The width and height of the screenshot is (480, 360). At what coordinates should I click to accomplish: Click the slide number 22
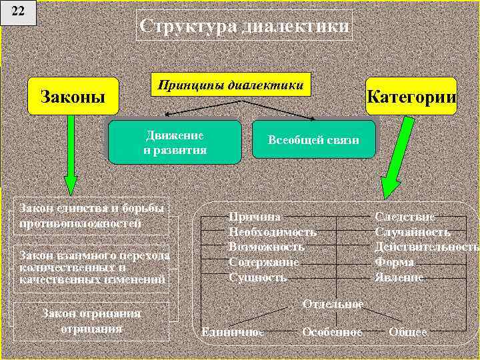(18, 12)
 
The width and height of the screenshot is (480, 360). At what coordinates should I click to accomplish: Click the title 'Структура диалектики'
(245, 27)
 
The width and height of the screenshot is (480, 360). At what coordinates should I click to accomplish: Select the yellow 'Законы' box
(73, 96)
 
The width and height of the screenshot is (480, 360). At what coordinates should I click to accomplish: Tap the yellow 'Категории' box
(411, 96)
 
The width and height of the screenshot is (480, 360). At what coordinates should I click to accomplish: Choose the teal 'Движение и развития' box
(175, 142)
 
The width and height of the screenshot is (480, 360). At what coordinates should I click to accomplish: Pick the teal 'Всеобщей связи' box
(313, 140)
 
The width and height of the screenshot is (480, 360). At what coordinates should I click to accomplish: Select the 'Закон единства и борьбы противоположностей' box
(92, 215)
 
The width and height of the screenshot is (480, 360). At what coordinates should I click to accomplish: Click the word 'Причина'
(255, 217)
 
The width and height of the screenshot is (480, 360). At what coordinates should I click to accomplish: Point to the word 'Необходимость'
(272, 232)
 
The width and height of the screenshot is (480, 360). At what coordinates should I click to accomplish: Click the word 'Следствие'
(405, 217)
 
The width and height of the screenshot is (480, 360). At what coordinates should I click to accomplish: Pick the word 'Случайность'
(412, 232)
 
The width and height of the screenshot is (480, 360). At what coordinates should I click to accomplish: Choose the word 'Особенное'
(332, 331)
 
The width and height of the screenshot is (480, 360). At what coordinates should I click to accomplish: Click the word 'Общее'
(407, 331)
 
